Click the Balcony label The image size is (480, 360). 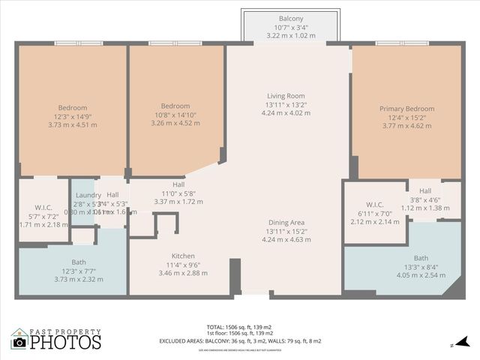tap(291, 18)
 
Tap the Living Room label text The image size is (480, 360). tap(286, 95)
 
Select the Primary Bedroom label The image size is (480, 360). tap(406, 109)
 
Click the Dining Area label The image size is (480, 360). tap(286, 223)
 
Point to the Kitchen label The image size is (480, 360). tap(184, 256)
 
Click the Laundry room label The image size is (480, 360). tap(88, 195)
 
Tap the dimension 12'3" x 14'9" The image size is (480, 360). tap(73, 116)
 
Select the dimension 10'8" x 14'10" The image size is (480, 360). tap(175, 116)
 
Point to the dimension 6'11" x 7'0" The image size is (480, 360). tap(375, 214)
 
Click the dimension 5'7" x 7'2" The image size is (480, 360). tap(42, 216)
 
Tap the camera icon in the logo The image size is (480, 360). tap(19, 342)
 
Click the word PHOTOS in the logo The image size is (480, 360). tap(65, 343)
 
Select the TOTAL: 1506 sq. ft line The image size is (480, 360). tap(240, 327)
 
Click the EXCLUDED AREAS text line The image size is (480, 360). tap(240, 341)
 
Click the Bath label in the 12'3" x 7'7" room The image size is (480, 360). tap(73, 262)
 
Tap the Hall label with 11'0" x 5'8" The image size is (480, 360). tap(178, 184)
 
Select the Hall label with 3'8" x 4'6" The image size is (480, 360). tap(425, 191)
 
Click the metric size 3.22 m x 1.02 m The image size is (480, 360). tap(291, 35)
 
